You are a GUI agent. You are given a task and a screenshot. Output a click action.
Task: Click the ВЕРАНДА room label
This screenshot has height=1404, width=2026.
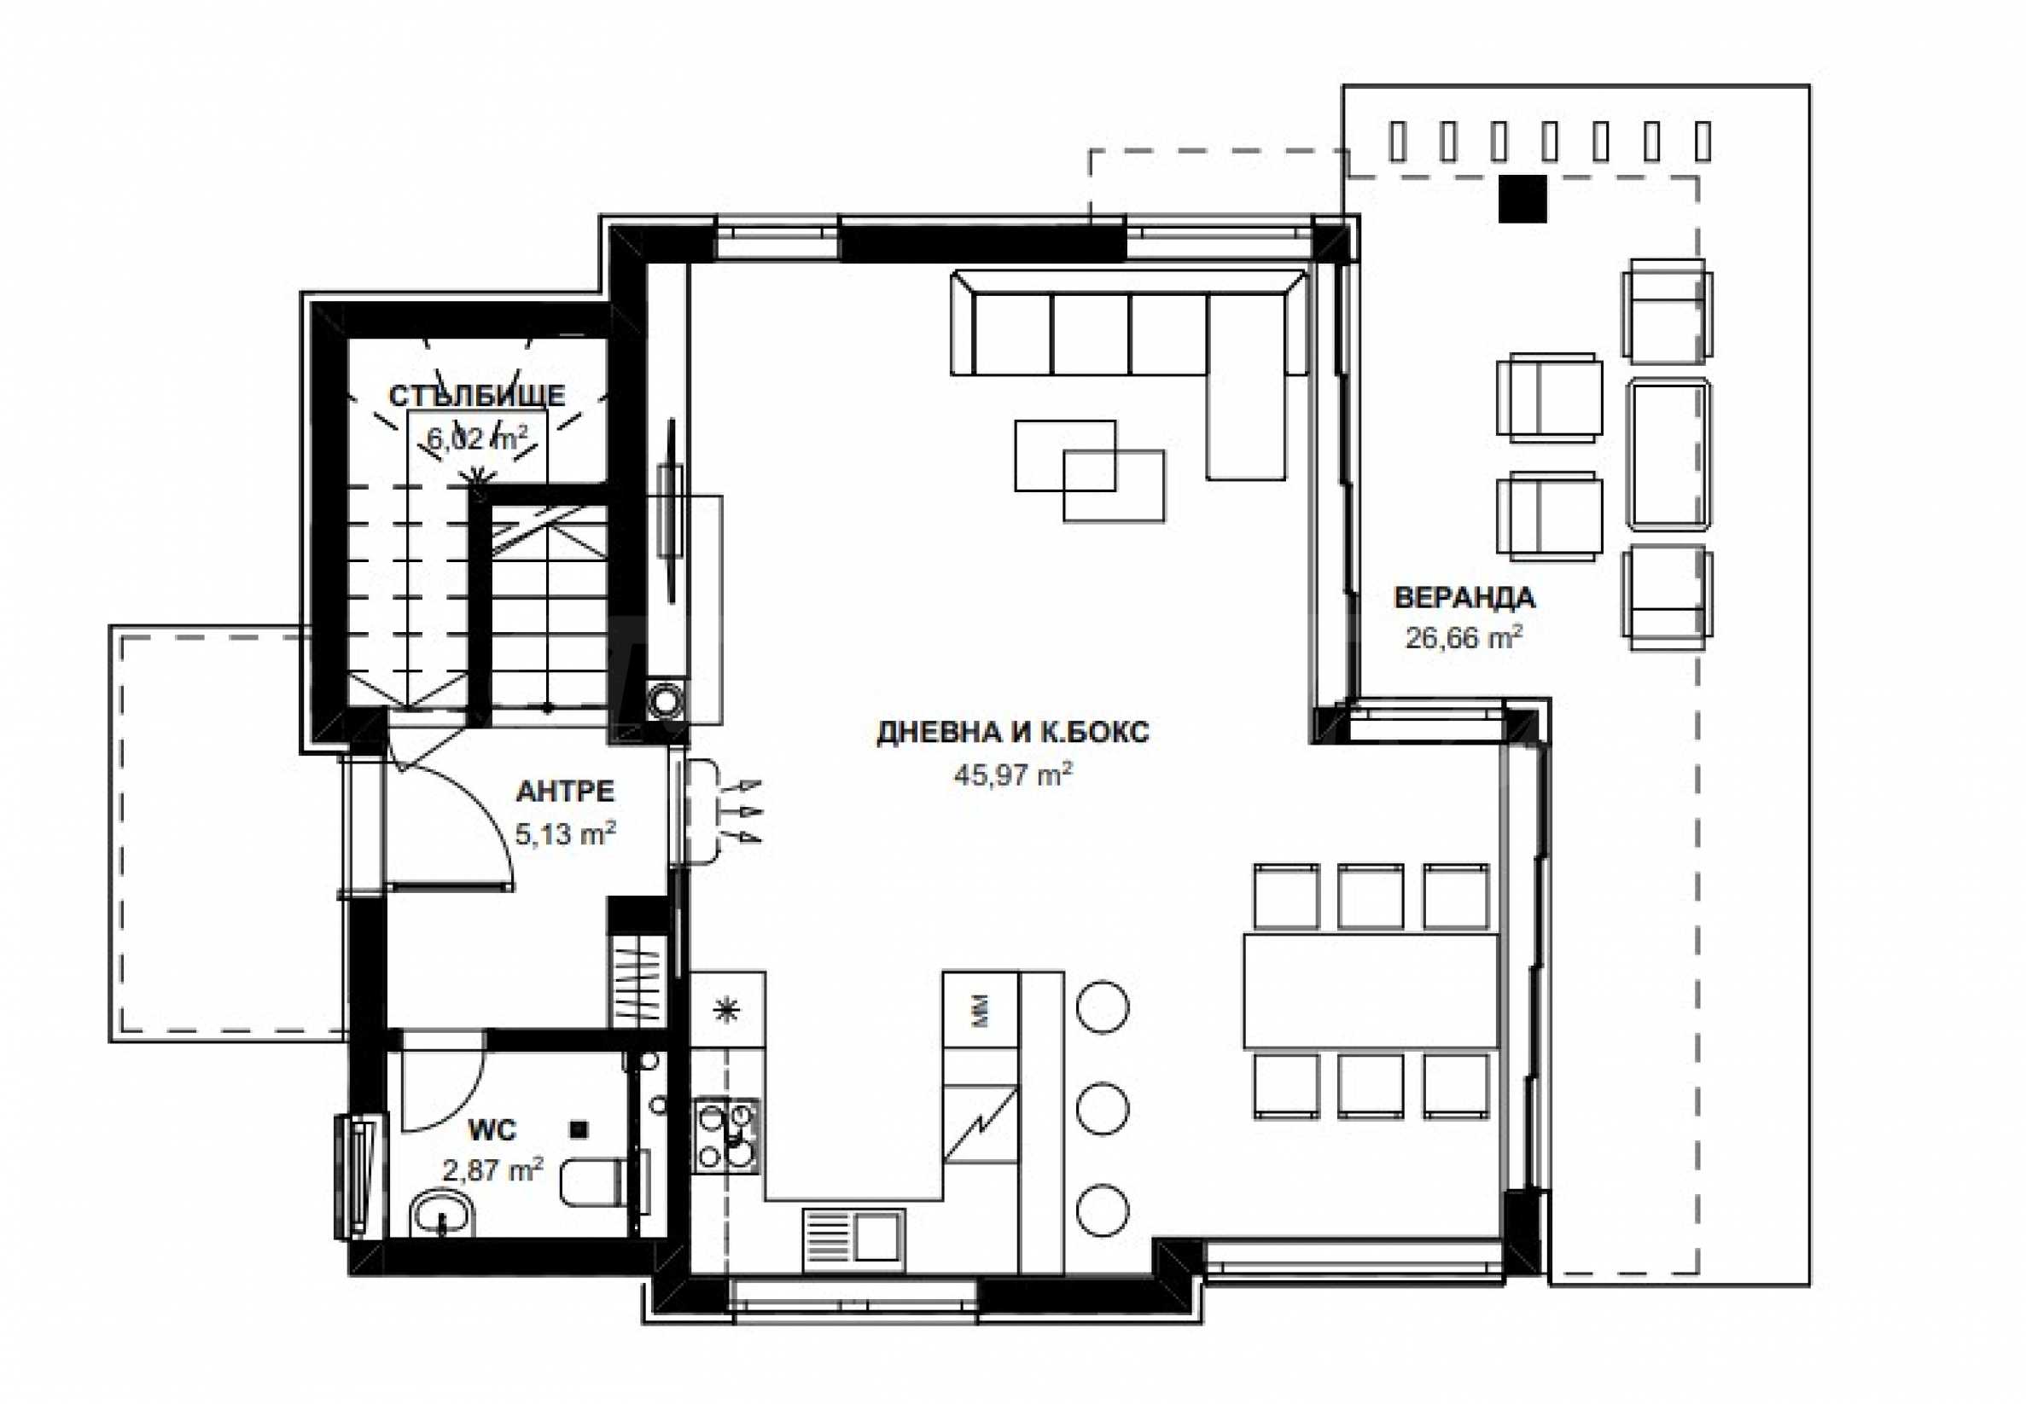pos(1464,598)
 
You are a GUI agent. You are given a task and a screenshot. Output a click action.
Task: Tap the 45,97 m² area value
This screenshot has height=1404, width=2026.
pos(1013,775)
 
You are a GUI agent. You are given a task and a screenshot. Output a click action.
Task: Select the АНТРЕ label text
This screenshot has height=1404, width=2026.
pos(565,792)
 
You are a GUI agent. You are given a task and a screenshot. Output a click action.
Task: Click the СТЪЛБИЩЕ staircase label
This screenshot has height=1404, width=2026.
pos(477,396)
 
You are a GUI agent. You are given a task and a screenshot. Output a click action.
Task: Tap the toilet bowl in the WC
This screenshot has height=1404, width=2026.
pos(604,1182)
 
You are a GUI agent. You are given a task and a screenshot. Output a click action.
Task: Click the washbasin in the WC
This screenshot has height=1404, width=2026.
pos(443,1215)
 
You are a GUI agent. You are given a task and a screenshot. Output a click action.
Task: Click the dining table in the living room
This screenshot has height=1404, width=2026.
pos(1371,991)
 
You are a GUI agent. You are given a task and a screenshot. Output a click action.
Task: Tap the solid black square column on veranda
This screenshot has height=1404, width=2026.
pos(1523,199)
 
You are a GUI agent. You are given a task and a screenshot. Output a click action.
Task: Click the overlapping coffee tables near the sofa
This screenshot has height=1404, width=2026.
pos(1090,471)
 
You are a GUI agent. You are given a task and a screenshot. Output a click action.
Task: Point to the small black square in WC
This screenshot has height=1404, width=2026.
pos(579,1128)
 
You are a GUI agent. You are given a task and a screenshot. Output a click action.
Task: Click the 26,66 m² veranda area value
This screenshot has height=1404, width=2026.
pos(1464,637)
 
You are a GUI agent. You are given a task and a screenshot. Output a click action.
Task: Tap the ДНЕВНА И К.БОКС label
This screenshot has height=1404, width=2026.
pos(1013,732)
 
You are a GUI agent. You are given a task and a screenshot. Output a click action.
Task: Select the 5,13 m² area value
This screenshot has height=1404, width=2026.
pos(565,833)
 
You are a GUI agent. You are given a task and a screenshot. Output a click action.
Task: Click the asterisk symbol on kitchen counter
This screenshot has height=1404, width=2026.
pos(726,1011)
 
